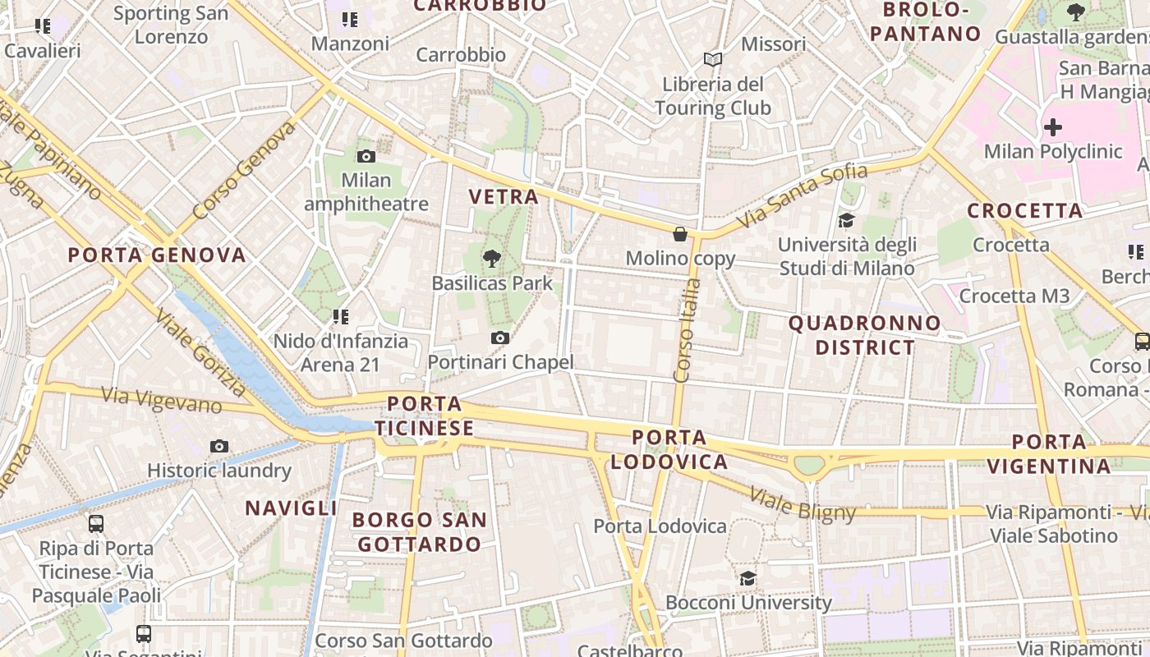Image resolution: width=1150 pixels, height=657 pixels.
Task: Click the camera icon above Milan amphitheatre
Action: [366, 156]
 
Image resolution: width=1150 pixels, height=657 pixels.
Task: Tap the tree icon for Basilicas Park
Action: [492, 260]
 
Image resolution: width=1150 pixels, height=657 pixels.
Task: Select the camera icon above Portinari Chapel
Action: [499, 338]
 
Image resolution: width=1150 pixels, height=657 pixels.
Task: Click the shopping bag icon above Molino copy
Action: [680, 234]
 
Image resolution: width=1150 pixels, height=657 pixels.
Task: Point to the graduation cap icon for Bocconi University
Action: [747, 578]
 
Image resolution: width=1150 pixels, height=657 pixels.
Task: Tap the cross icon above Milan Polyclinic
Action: [1052, 127]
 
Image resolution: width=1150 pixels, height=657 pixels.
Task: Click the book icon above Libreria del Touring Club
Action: [713, 60]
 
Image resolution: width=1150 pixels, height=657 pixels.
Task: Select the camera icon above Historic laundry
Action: [219, 446]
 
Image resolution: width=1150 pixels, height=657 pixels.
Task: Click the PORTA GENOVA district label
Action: [157, 255]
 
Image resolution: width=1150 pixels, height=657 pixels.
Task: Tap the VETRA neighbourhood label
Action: [504, 196]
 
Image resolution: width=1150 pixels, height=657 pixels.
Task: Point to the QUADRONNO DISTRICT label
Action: [865, 335]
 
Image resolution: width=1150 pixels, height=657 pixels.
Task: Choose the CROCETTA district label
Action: [1025, 210]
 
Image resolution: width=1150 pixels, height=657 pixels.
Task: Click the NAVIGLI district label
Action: [291, 508]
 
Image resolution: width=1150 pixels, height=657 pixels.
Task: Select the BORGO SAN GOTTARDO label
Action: [420, 531]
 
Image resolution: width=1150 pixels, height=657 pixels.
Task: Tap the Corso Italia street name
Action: [687, 330]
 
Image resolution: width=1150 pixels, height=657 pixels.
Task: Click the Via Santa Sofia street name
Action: [802, 196]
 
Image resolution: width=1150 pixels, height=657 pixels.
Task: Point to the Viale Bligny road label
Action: [803, 503]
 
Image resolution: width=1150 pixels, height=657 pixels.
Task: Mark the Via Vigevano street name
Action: [161, 400]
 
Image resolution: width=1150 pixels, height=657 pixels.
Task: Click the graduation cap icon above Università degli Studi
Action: [846, 220]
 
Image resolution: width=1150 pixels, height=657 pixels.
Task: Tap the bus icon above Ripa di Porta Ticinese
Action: [96, 523]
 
